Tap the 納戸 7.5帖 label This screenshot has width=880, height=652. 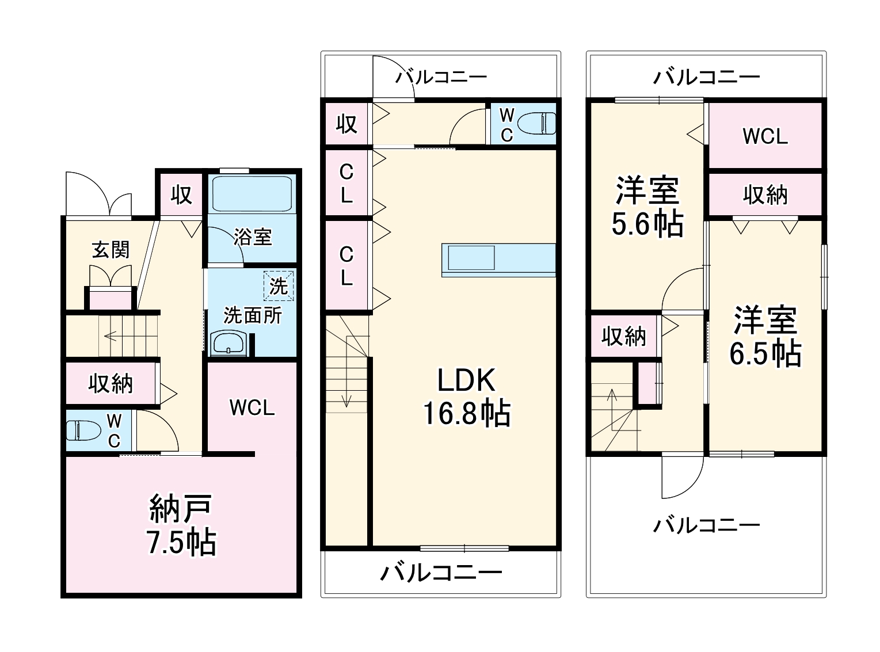(x=182, y=525)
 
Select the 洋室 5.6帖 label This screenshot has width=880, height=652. (x=647, y=207)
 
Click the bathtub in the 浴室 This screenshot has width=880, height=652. (x=253, y=194)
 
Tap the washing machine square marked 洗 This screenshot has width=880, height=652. (x=279, y=286)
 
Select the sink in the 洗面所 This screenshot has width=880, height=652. (x=229, y=344)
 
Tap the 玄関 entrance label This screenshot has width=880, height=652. (x=111, y=250)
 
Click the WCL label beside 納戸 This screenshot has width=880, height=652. (x=252, y=407)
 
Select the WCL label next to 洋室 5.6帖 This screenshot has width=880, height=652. (x=765, y=136)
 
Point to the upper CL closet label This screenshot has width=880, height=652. (x=346, y=184)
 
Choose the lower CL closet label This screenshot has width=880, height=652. (x=346, y=265)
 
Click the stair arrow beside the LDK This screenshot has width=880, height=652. (x=346, y=397)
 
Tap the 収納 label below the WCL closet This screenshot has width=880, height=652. (x=765, y=196)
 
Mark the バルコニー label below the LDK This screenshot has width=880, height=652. (x=441, y=572)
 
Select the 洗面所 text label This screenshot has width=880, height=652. (x=253, y=315)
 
